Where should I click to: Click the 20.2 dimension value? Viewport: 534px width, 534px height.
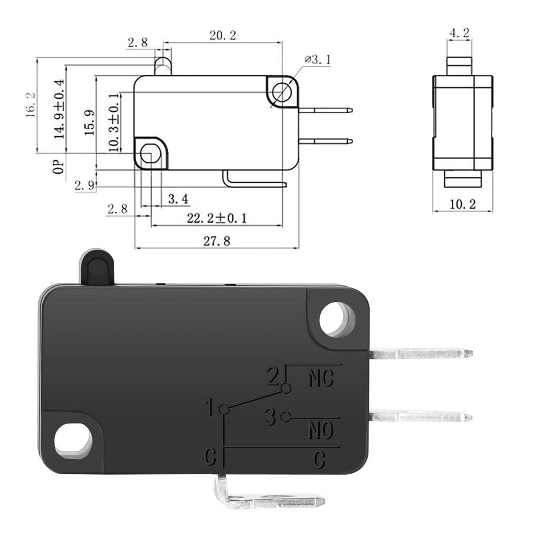(223, 36)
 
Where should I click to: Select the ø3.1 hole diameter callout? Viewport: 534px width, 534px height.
(318, 59)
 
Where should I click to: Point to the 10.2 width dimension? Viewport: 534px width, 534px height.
(462, 203)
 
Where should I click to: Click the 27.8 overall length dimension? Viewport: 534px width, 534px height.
(216, 241)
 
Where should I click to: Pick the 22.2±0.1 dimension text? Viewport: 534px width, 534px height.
(217, 218)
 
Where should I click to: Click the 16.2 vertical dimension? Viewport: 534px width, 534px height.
(30, 104)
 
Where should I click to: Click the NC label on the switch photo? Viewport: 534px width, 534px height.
(322, 378)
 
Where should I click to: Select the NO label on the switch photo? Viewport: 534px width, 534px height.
(321, 430)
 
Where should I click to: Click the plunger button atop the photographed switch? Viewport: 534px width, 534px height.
(97, 267)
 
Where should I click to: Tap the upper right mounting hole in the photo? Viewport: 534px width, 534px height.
(337, 319)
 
